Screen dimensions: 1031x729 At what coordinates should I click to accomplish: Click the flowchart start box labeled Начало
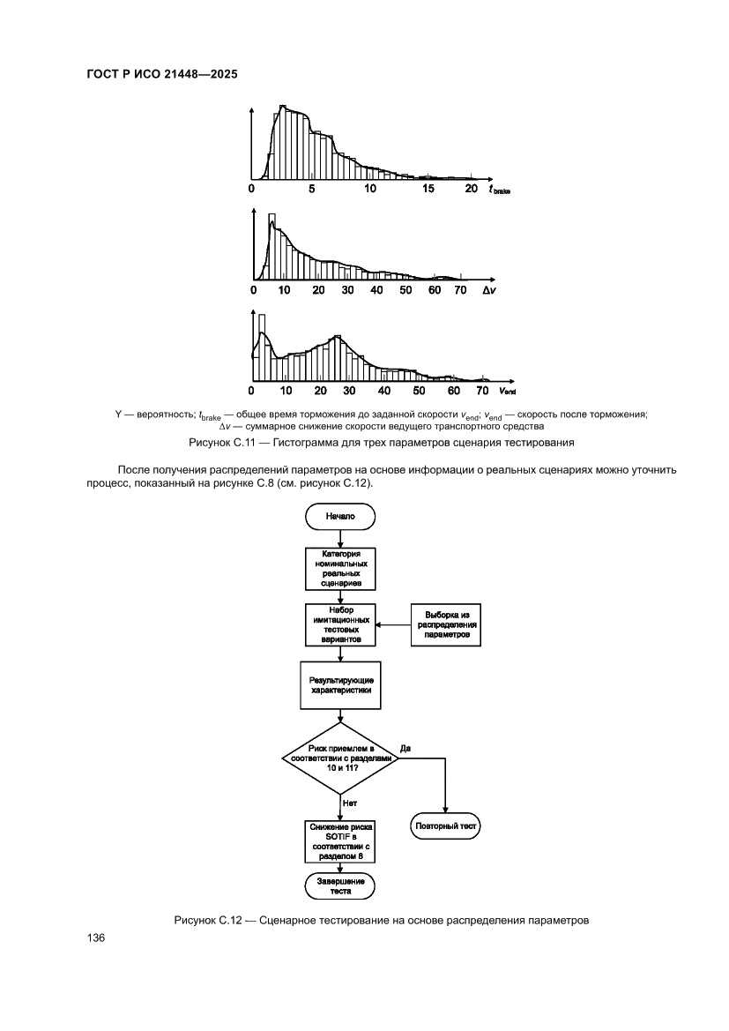(x=339, y=517)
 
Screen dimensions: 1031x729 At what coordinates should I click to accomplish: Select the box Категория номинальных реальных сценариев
(x=340, y=569)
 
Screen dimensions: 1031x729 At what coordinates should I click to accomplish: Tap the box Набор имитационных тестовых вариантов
(x=340, y=625)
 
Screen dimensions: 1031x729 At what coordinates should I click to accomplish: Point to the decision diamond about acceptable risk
(x=340, y=757)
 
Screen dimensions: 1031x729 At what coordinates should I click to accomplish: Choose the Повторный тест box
(x=446, y=826)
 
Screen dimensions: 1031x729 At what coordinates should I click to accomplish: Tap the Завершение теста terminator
(x=340, y=885)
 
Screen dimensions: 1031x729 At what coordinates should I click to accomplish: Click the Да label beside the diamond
(x=405, y=748)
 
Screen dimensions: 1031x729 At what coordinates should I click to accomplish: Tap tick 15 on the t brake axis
(x=428, y=189)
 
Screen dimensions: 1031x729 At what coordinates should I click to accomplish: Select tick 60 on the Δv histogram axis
(x=435, y=290)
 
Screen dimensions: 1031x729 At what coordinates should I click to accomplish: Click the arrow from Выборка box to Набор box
(x=393, y=625)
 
